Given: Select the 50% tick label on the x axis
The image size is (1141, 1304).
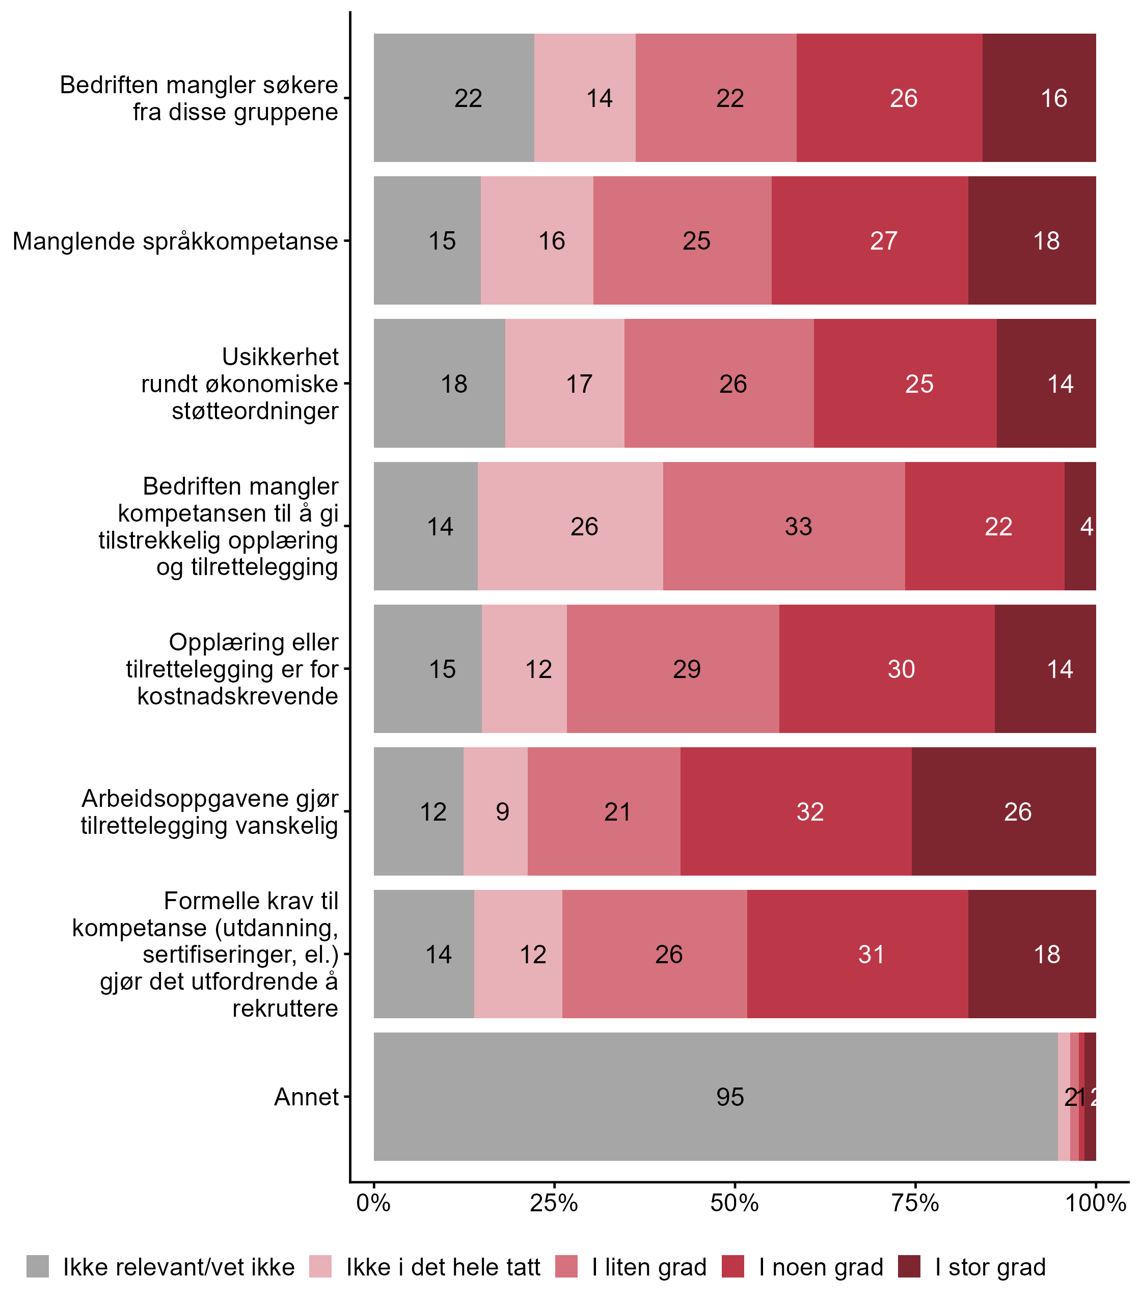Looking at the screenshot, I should point(735,1203).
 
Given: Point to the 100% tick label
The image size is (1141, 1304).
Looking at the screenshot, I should point(1095,1203).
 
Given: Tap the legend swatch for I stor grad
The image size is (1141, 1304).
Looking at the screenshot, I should point(909,1267).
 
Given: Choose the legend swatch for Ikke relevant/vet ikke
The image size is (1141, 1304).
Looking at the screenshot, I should point(38,1267).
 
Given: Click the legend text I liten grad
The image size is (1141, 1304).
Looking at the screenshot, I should point(649,1267).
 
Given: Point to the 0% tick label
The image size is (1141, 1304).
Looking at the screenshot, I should point(373,1203).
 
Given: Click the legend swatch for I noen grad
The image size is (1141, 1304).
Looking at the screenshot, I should point(733,1267).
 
